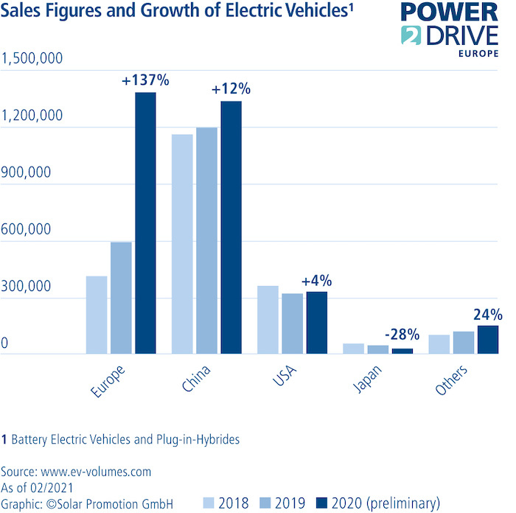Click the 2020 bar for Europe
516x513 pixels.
(x=144, y=223)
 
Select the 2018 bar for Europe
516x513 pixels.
(x=97, y=315)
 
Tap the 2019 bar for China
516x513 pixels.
(x=206, y=241)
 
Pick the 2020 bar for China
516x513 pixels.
(x=230, y=228)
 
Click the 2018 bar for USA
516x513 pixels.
(x=268, y=320)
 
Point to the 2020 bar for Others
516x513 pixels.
(x=488, y=340)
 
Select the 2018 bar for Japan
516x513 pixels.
(x=354, y=349)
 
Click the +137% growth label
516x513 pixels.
(x=145, y=80)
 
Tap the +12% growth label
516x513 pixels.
(x=231, y=89)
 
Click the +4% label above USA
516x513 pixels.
(x=317, y=281)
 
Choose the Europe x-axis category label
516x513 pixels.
(x=106, y=380)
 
